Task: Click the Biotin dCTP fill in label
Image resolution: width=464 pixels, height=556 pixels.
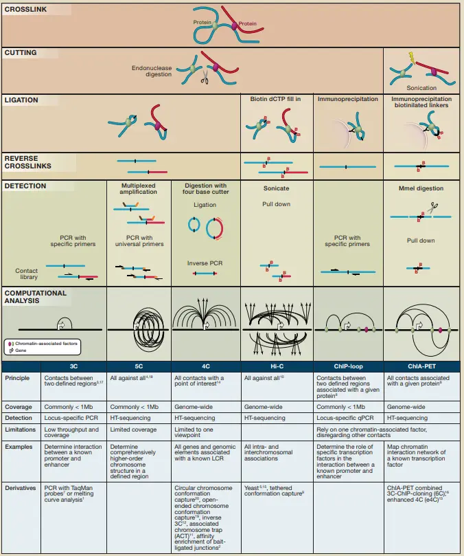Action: click(x=276, y=99)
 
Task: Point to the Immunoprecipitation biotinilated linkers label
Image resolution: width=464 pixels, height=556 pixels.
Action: click(x=422, y=102)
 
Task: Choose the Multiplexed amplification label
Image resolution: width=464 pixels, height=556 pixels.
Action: click(x=138, y=189)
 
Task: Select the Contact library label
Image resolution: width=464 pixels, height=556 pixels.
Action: click(x=27, y=274)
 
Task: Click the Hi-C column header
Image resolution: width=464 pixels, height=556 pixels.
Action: click(x=277, y=367)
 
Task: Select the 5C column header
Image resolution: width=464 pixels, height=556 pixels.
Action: click(x=138, y=367)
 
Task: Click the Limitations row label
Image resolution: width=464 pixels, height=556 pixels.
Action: click(x=20, y=430)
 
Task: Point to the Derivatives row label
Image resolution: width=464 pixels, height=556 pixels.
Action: click(x=21, y=489)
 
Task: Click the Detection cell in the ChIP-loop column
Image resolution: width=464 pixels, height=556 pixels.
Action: click(x=341, y=418)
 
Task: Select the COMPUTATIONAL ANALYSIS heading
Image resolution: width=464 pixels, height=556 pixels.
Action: click(x=36, y=297)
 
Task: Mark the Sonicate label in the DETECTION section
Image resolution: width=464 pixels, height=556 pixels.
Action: click(x=277, y=188)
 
